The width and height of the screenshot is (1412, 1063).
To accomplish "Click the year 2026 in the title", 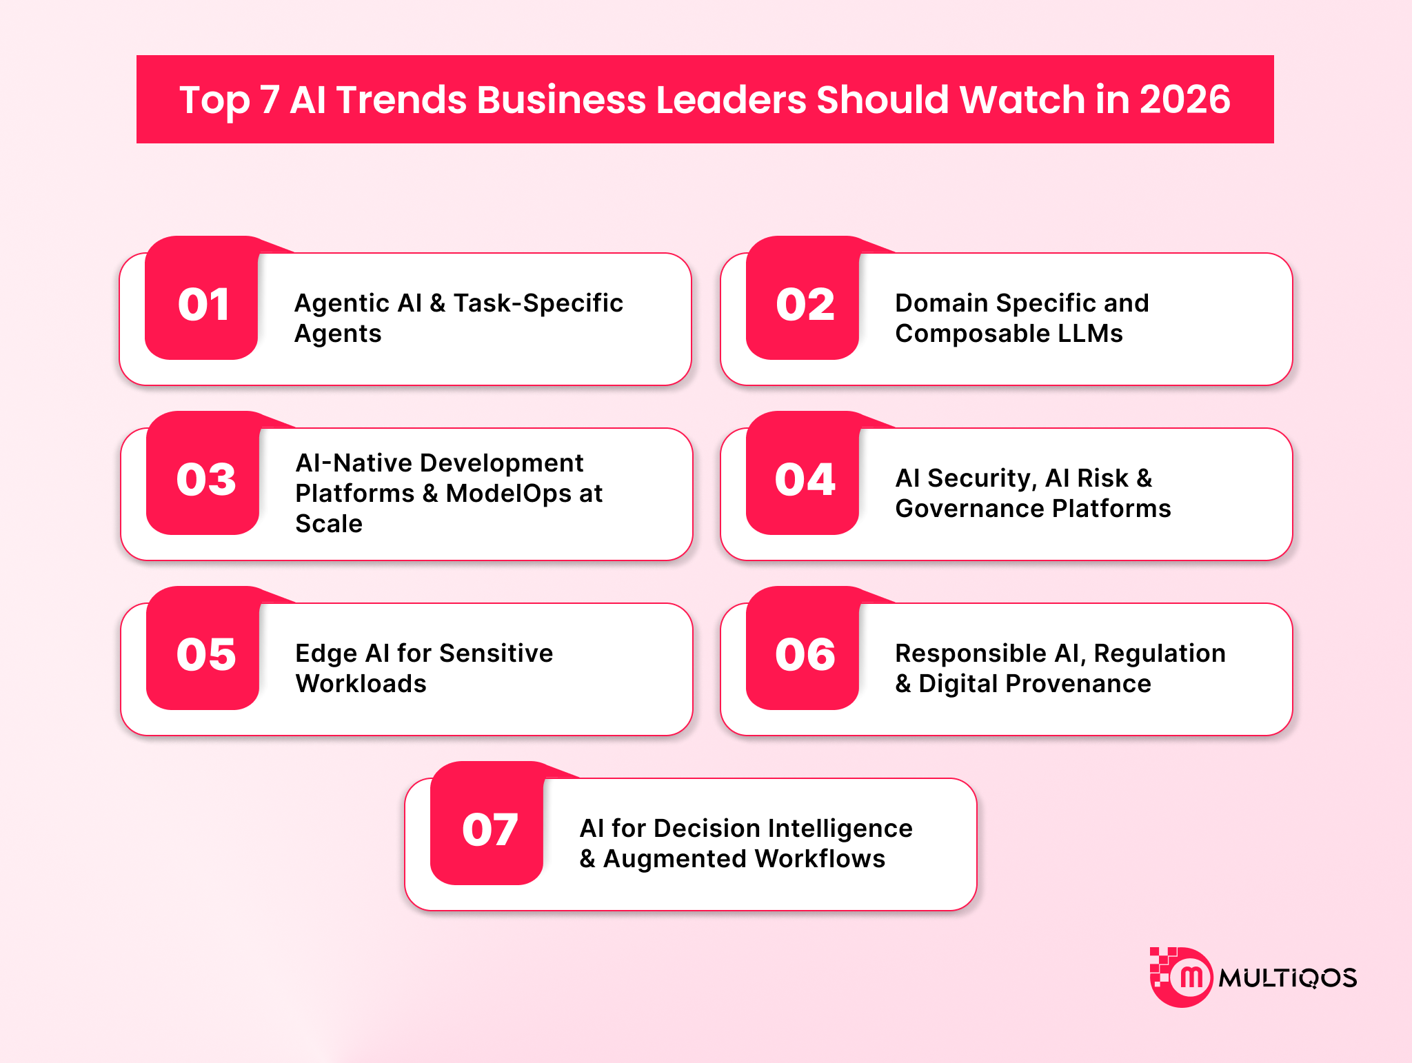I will point(1184,99).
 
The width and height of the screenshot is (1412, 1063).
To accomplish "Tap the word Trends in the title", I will point(401,99).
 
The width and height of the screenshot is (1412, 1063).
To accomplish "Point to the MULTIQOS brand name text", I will point(1287,978).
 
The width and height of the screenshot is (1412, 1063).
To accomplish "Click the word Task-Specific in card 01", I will point(538,303).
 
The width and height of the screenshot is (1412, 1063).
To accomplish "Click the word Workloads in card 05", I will point(361,684).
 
